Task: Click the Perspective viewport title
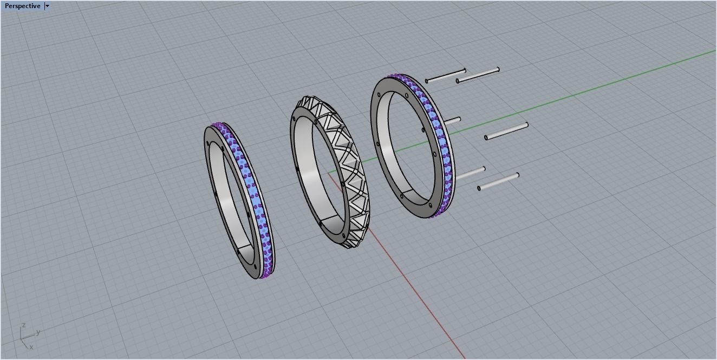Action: (22, 6)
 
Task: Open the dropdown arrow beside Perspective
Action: (48, 6)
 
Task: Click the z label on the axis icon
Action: (24, 325)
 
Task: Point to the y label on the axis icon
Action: (38, 332)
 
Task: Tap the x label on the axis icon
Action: (31, 347)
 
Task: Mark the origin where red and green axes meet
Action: (329, 173)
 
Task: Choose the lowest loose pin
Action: (498, 181)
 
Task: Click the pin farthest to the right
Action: (506, 131)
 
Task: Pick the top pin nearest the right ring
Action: (446, 76)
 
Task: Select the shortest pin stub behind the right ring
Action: (453, 120)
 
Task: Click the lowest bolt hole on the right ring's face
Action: (430, 206)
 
